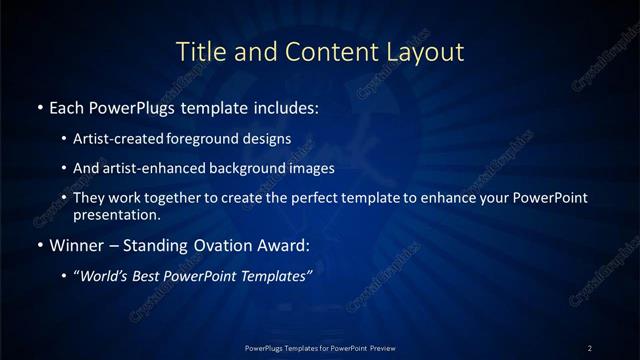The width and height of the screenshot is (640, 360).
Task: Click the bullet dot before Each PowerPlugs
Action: (x=39, y=106)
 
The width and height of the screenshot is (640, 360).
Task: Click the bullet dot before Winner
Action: (x=39, y=245)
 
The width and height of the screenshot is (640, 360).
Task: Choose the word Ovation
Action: (x=217, y=245)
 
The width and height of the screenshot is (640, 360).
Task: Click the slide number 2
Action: (x=590, y=347)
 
